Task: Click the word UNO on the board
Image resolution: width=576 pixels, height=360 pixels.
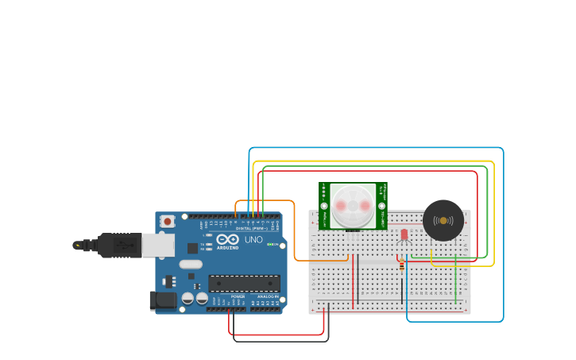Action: pyautogui.click(x=253, y=239)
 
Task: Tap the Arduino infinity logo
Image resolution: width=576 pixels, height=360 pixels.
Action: pyautogui.click(x=227, y=240)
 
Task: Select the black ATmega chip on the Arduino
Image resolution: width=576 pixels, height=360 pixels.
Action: pyautogui.click(x=244, y=283)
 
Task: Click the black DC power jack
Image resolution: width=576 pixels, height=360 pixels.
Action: pyautogui.click(x=163, y=300)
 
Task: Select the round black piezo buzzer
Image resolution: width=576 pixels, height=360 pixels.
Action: pyautogui.click(x=443, y=220)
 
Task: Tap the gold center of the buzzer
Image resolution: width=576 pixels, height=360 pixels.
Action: pyautogui.click(x=443, y=220)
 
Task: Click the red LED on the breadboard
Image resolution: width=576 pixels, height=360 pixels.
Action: pyautogui.click(x=404, y=234)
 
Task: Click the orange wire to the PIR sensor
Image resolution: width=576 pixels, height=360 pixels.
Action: pyautogui.click(x=296, y=238)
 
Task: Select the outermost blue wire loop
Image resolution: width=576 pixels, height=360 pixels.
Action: pyautogui.click(x=503, y=238)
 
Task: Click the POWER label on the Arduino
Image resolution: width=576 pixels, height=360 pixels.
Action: pyautogui.click(x=238, y=296)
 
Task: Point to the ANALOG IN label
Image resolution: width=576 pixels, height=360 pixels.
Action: pyautogui.click(x=267, y=296)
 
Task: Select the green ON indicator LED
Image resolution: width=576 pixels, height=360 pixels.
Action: pyautogui.click(x=270, y=244)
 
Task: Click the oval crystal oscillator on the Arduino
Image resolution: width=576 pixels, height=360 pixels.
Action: pyautogui.click(x=191, y=264)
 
